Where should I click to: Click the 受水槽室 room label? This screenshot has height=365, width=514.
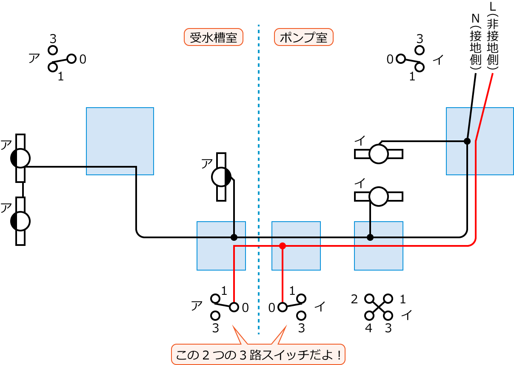[213, 37]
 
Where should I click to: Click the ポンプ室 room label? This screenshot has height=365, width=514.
[303, 37]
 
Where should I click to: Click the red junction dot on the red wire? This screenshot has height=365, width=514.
[283, 246]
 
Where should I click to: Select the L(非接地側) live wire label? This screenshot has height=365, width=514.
[493, 36]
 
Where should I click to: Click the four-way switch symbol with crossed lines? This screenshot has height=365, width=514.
[379, 307]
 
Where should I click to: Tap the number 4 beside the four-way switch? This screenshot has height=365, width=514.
[368, 328]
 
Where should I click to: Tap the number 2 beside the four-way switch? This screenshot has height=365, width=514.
[354, 299]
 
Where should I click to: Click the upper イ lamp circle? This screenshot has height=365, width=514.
[378, 154]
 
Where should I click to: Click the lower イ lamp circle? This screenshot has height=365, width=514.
[378, 196]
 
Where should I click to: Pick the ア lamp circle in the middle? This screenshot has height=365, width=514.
[221, 177]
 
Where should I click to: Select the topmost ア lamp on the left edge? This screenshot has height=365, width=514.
[20, 158]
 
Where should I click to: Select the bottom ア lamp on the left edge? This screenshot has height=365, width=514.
[20, 221]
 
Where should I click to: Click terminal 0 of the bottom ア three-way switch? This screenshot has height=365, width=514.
[234, 307]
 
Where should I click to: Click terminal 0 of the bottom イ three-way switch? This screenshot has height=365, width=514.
[283, 307]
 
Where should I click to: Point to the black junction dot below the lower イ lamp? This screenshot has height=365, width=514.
[370, 237]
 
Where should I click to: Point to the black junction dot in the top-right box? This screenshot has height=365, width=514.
[467, 141]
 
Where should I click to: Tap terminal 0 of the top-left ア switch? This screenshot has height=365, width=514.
[71, 59]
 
